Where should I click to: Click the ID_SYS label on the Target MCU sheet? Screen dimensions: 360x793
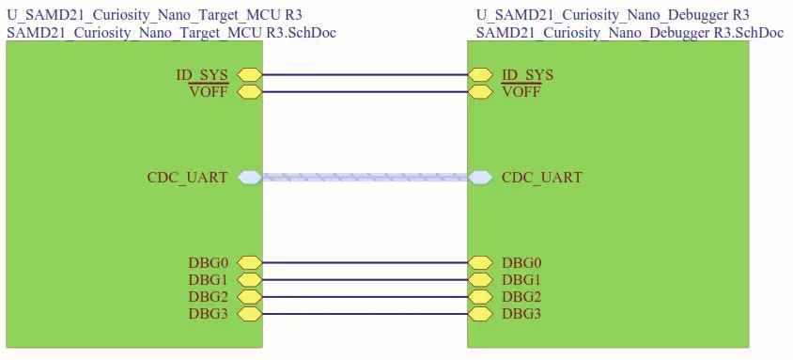203,75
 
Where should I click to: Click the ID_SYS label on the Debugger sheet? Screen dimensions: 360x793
527,75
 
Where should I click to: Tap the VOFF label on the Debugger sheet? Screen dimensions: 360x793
521,92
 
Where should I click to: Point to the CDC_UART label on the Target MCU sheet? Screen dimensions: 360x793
187,177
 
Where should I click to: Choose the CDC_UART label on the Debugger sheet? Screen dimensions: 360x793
542,177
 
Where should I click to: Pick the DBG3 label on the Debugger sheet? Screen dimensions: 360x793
521,314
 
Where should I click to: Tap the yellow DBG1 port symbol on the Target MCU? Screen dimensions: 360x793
249,280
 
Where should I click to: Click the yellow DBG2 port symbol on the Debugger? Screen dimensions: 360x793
480,297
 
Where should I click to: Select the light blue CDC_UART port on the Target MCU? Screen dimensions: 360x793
249,177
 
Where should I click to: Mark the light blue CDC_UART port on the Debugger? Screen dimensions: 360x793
480,177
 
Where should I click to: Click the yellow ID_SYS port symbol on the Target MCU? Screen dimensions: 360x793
249,75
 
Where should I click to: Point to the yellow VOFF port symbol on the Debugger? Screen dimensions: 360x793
480,92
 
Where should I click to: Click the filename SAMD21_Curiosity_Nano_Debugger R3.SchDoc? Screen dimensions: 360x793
630,32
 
